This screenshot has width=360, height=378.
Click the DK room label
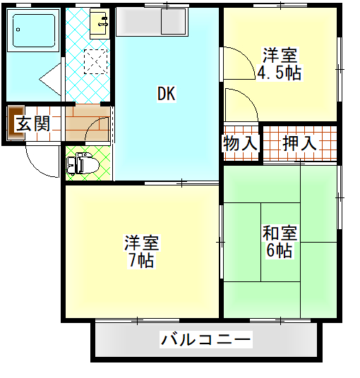(x=167, y=94)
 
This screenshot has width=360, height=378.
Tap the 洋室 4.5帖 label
(x=280, y=64)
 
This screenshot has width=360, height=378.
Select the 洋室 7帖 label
(x=142, y=252)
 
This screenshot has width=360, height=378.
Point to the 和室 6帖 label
(x=280, y=241)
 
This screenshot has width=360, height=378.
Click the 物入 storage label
(x=240, y=143)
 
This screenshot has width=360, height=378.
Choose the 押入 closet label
(x=299, y=143)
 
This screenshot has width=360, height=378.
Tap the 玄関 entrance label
(x=33, y=123)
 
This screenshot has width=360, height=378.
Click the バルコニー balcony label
(x=206, y=339)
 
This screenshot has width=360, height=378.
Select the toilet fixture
(x=83, y=163)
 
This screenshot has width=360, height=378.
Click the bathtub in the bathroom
(x=33, y=30)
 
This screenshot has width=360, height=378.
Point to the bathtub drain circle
(x=18, y=30)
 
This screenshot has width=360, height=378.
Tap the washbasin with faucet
(x=100, y=24)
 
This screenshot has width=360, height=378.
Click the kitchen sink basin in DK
(x=174, y=22)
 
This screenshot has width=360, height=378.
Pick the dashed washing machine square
(x=95, y=61)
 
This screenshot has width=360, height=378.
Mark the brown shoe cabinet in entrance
(x=16, y=123)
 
